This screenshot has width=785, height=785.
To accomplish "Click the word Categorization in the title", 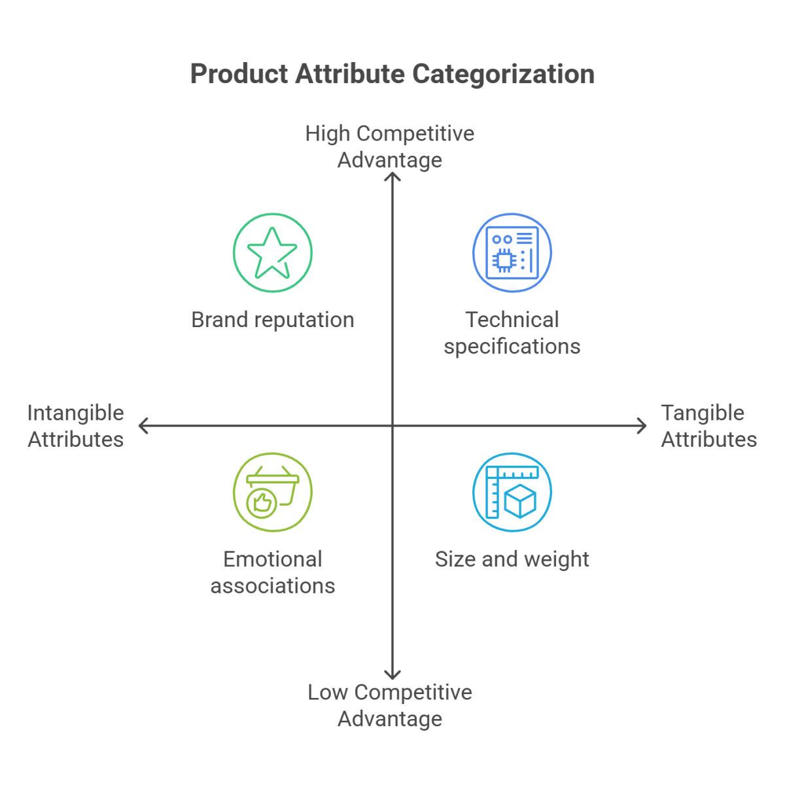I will (502, 75).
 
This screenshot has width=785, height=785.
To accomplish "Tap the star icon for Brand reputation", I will (272, 253).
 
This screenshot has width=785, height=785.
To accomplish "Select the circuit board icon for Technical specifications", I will (512, 253).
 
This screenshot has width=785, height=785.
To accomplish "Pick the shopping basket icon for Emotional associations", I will (272, 491).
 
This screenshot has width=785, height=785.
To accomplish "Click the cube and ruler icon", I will (512, 491).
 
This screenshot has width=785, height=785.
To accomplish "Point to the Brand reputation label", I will (272, 320).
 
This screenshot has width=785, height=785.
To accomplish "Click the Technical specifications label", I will (512, 332).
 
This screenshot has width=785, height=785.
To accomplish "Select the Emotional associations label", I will (272, 572).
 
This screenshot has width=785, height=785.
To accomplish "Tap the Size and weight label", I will (512, 560).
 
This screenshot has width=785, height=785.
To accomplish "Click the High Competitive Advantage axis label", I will (390, 147).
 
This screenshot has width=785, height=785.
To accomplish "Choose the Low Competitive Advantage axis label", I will (390, 705).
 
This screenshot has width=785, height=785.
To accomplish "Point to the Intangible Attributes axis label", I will (75, 426).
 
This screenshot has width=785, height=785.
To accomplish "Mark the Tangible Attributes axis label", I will (708, 426).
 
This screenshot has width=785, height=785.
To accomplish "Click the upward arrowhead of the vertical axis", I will (392, 177).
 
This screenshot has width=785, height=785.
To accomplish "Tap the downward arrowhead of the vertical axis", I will (392, 675).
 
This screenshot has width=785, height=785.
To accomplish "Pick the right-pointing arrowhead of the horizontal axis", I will (642, 427).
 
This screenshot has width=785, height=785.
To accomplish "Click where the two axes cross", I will (392, 427).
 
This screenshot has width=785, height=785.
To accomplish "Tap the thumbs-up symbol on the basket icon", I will (262, 502).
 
